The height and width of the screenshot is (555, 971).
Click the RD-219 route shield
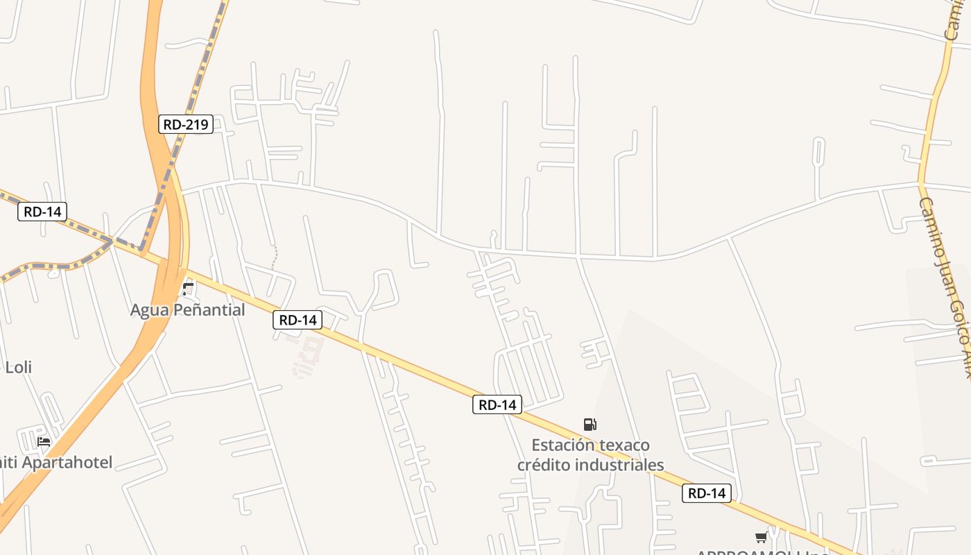185,124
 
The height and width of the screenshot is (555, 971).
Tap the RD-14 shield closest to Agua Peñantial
298,320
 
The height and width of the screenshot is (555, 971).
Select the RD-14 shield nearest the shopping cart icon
707,493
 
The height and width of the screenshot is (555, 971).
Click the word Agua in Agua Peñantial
149,310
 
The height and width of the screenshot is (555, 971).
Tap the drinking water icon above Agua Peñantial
188,288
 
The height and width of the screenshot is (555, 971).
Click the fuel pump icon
590,424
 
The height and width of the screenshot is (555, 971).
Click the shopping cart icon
761,537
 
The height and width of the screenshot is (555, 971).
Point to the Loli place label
19,367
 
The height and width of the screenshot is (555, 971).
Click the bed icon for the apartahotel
44,441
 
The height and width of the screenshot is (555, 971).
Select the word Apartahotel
67,462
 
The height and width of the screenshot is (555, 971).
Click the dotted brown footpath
275,257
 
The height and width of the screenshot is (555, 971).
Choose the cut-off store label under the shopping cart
762,552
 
